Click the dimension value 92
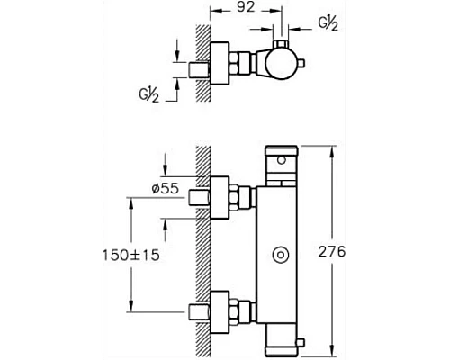[246, 7]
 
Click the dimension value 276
[332, 251]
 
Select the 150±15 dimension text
[131, 256]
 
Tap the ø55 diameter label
[166, 189]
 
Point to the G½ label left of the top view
[149, 94]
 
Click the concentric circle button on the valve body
[281, 256]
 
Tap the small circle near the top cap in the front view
[282, 160]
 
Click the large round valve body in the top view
[281, 64]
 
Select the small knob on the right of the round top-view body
[301, 64]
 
